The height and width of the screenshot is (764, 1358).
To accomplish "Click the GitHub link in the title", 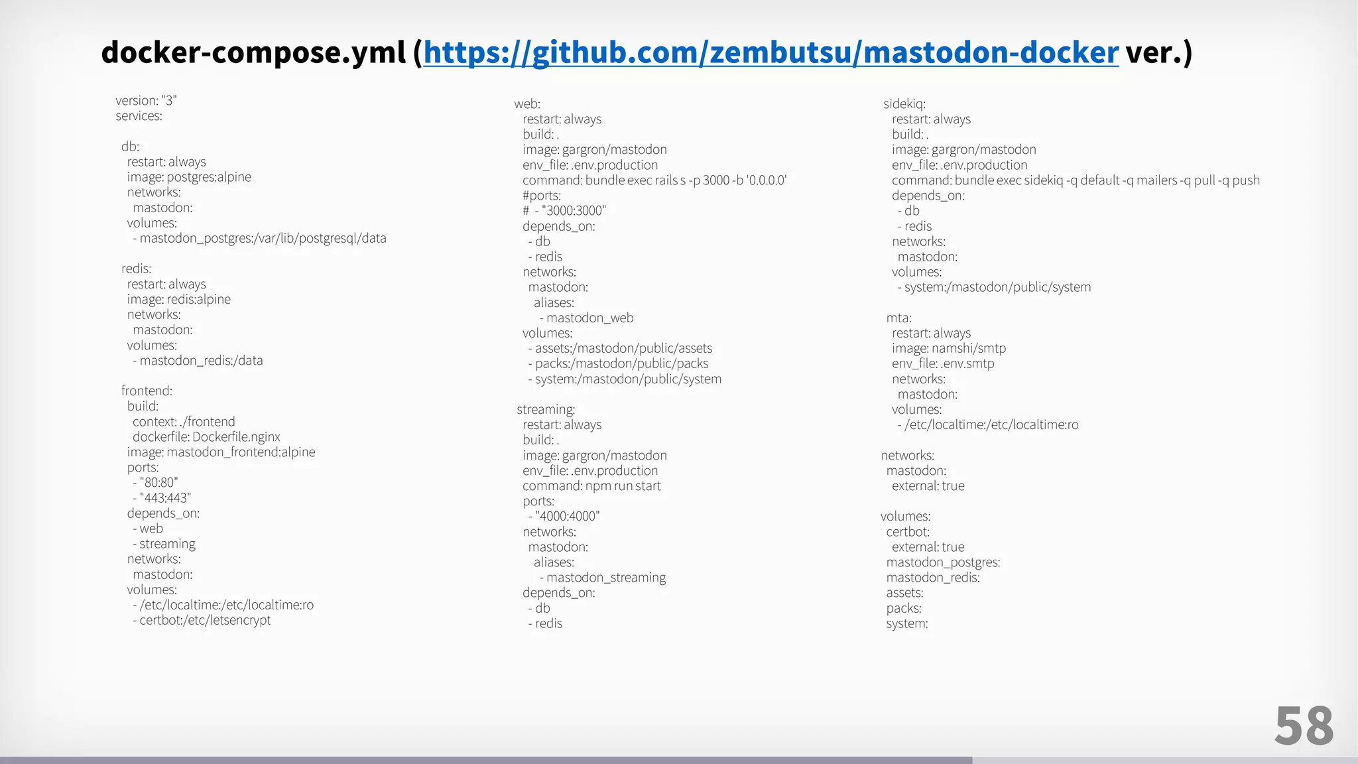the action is [771, 52].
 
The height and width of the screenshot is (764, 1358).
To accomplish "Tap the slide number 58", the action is [1304, 726].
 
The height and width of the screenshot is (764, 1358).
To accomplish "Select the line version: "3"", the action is [146, 100].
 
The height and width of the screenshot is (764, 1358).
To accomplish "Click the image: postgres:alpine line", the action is [189, 177].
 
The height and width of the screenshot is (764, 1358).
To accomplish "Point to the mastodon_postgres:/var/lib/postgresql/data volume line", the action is [259, 238].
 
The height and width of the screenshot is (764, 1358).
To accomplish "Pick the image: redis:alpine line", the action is [179, 299].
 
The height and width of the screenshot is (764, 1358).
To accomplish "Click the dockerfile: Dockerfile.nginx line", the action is [206, 436].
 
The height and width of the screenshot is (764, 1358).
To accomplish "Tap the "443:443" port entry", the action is [162, 497].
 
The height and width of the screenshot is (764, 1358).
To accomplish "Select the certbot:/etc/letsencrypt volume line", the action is [202, 620].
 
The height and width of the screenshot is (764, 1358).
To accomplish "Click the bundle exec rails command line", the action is [654, 180].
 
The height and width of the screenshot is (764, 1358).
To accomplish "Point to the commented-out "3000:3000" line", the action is [564, 211].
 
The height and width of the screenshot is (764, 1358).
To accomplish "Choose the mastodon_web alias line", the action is [587, 318].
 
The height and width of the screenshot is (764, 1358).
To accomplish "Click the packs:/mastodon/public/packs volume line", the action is [619, 363].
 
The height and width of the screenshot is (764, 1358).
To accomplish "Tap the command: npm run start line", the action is [591, 485].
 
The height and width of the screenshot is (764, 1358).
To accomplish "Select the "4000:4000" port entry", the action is [564, 516].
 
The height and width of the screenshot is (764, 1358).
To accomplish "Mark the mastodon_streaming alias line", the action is [603, 577].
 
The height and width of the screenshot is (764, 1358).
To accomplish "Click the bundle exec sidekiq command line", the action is [1076, 180].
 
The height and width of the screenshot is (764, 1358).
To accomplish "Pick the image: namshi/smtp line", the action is [949, 348].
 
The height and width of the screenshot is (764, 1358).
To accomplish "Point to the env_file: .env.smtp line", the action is [943, 363].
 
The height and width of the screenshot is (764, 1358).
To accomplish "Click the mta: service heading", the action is [899, 318].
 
